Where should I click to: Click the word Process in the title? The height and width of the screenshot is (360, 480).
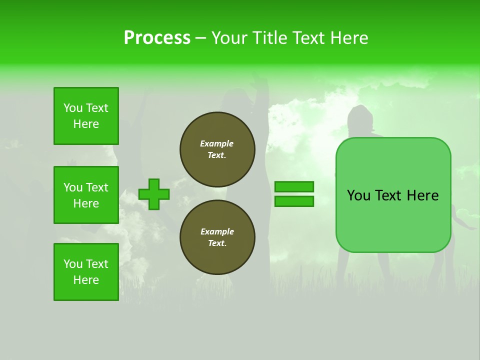click(x=157, y=38)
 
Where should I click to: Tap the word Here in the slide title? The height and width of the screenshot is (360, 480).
click(x=349, y=38)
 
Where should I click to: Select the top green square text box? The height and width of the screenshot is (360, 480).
click(x=86, y=116)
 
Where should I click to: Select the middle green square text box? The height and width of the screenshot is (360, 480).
click(x=86, y=195)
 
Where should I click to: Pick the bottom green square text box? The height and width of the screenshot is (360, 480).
click(x=86, y=272)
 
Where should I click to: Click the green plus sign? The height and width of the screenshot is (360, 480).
click(x=153, y=194)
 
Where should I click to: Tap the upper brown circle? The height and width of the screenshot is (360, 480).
click(x=217, y=149)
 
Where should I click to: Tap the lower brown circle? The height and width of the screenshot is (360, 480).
click(x=217, y=237)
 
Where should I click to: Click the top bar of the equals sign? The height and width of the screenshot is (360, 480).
click(x=294, y=186)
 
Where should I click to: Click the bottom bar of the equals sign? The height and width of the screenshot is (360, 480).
click(x=294, y=201)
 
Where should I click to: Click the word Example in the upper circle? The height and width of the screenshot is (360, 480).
click(x=217, y=143)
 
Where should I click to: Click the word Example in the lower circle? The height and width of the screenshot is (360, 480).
click(x=217, y=231)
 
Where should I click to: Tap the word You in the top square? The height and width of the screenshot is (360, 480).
click(x=73, y=108)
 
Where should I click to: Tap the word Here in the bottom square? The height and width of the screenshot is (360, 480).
click(x=86, y=280)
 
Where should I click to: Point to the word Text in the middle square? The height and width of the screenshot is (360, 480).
click(x=97, y=187)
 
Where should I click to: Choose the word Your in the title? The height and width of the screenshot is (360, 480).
click(x=228, y=38)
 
